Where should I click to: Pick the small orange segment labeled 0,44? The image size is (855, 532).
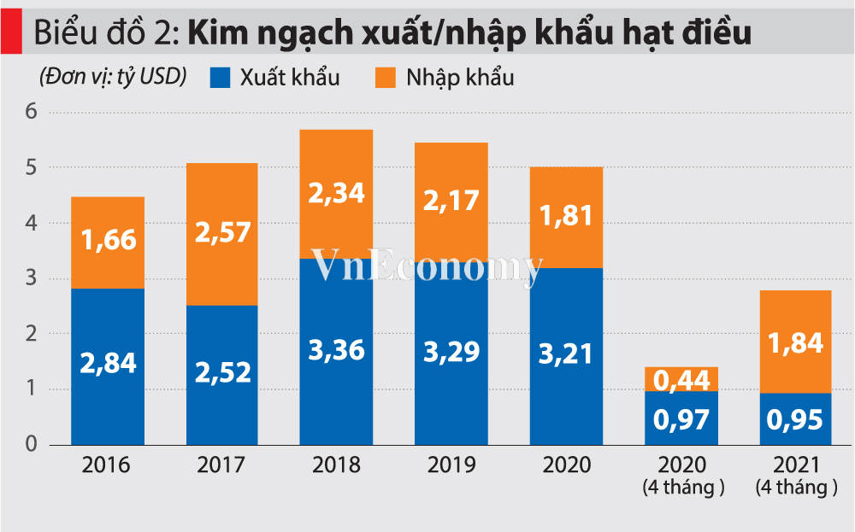(x=681, y=379)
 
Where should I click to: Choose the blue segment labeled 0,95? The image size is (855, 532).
(x=796, y=418)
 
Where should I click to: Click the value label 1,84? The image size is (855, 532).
(x=796, y=343)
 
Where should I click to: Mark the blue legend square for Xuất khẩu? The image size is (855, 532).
(x=221, y=78)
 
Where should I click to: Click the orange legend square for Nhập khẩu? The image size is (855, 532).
(x=386, y=78)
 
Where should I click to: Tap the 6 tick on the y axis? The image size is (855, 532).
(x=32, y=112)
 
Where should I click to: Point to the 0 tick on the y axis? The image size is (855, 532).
(x=32, y=444)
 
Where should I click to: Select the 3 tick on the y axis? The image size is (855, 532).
(x=32, y=278)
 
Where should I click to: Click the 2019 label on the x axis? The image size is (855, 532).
(x=451, y=466)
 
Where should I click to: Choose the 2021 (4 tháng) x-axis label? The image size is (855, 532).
(x=796, y=476)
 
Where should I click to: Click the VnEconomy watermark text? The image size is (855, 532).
(x=427, y=266)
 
